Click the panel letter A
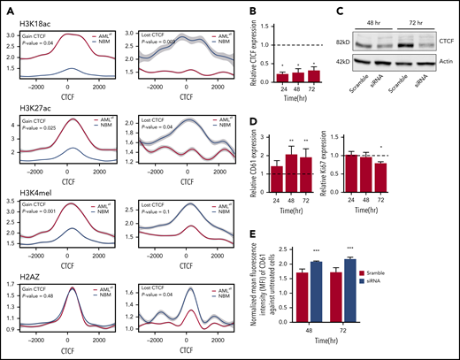pyautogui.click(x=7, y=7)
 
